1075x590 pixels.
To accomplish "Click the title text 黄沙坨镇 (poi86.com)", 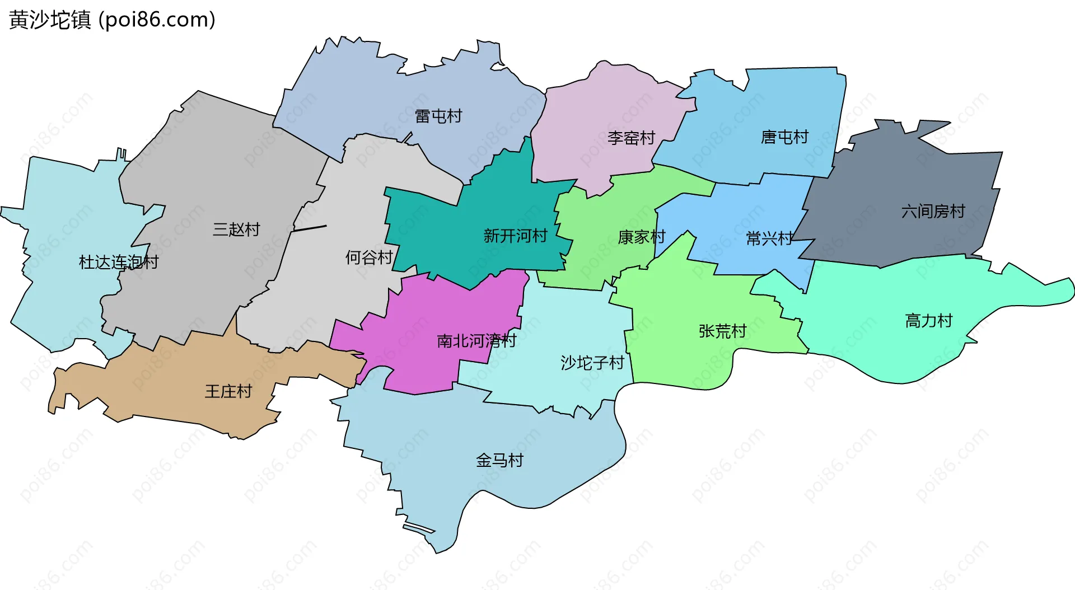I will (x=112, y=20).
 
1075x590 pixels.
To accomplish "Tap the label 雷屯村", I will (x=438, y=116).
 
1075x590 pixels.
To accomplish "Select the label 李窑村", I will (x=631, y=138).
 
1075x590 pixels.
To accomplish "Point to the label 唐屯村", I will (x=784, y=137).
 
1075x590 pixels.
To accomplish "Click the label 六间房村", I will (x=933, y=211).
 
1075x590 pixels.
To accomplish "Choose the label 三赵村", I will (x=236, y=230).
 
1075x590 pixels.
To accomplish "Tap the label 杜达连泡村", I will (x=119, y=262).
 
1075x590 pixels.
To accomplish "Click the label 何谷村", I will (x=369, y=257).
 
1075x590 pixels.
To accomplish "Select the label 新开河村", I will (x=515, y=236).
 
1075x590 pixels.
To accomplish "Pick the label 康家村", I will (x=642, y=237).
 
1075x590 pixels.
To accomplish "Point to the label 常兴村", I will (x=770, y=238).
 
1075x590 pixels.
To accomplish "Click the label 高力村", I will (x=929, y=321).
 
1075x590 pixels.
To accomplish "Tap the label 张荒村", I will (x=722, y=331).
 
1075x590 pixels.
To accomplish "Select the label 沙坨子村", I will (x=592, y=363).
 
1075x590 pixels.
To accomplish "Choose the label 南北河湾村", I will (x=476, y=340).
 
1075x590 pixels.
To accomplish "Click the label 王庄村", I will (x=228, y=391).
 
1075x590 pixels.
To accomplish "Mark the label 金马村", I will (x=499, y=461).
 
